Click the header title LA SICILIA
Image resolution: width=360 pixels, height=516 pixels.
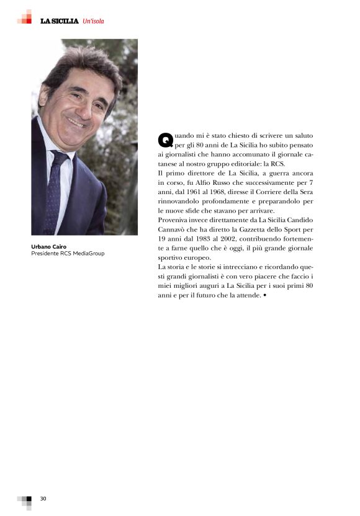coord(59,21)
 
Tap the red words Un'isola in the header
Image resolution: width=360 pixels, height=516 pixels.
coord(93,21)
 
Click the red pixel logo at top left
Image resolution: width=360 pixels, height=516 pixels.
coord(24,17)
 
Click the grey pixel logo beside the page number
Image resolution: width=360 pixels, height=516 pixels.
coord(25,500)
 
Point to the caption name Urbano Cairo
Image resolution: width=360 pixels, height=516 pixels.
coord(49,246)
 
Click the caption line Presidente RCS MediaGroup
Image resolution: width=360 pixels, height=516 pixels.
coord(68,253)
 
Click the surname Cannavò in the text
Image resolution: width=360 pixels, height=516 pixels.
coord(176,229)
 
